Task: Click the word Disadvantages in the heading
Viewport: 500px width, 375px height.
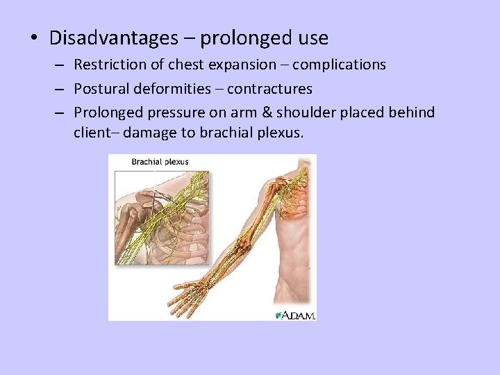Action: (x=113, y=37)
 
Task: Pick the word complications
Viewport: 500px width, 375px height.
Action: (x=339, y=65)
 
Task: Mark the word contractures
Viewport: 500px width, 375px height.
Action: (x=269, y=89)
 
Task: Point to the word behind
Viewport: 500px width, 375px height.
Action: (x=410, y=112)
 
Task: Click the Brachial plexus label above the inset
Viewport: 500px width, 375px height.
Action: (x=160, y=162)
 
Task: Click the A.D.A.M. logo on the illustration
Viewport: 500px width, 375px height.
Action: (x=295, y=315)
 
